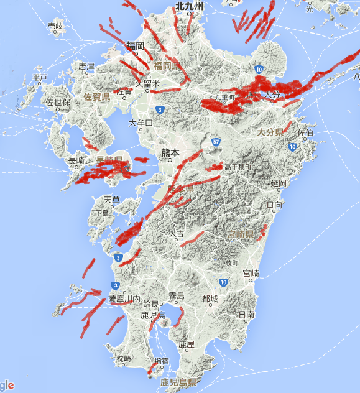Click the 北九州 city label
189,6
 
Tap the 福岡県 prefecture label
167,65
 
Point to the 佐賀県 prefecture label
97,97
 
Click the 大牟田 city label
141,123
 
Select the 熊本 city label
170,152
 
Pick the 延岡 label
278,184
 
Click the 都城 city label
210,299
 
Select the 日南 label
246,315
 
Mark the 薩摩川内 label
124,299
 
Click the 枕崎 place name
124,359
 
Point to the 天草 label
111,200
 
